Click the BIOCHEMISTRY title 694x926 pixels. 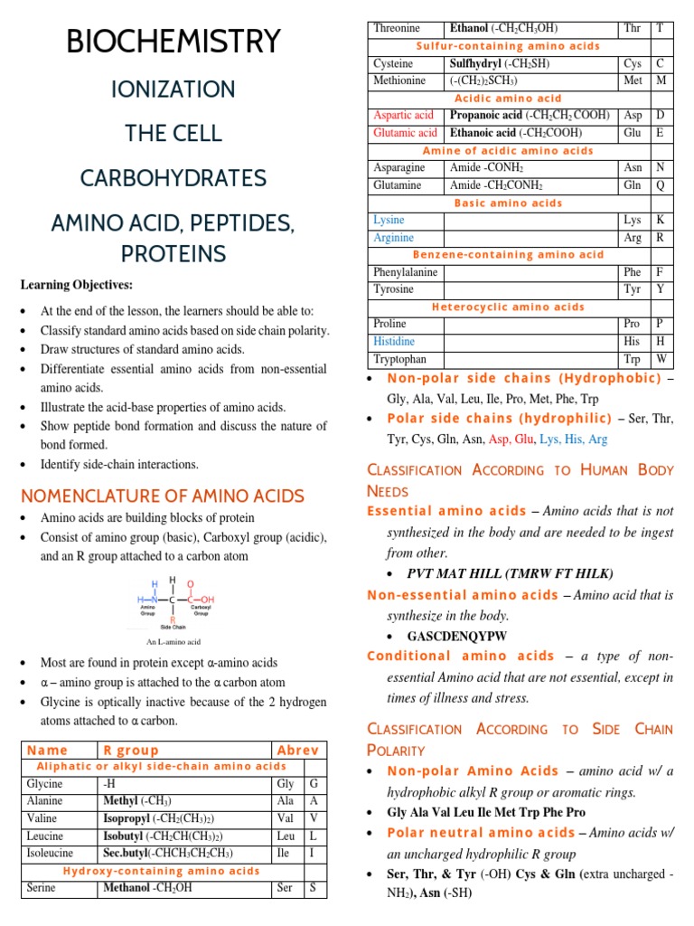(x=173, y=41)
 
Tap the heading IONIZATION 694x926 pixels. (x=173, y=89)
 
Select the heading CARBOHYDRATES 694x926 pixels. (x=173, y=176)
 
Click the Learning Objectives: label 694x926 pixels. (x=77, y=285)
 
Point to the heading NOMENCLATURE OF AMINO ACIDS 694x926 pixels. (x=163, y=496)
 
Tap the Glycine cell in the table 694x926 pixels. (x=45, y=784)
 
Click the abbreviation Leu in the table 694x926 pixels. (x=286, y=836)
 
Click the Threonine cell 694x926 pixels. (x=397, y=29)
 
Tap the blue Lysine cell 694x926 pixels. (x=389, y=220)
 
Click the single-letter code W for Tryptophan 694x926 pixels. (x=661, y=359)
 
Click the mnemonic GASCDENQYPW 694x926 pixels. (x=457, y=636)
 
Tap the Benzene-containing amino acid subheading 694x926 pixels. (x=509, y=255)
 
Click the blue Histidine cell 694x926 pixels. (x=395, y=341)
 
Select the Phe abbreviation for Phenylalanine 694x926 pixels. (x=632, y=272)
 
